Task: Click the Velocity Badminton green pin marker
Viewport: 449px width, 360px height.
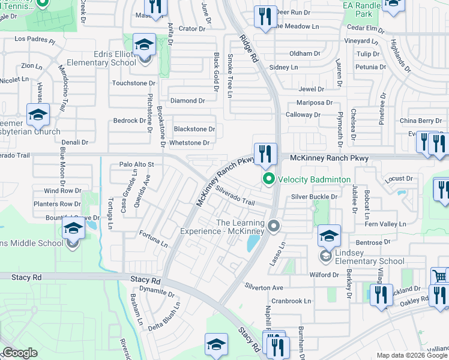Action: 269,179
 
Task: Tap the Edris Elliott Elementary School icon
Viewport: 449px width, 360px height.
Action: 144,46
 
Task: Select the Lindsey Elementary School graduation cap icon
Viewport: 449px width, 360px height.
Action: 328,236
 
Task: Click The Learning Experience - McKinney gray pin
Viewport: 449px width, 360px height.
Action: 274,227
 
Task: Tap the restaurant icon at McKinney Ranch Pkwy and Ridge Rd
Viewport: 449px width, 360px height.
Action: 265,154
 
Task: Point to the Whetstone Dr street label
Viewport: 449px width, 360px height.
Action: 189,143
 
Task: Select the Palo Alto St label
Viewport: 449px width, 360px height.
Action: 137,164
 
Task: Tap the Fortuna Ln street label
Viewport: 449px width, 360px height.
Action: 154,239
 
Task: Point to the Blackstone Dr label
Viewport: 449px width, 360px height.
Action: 194,129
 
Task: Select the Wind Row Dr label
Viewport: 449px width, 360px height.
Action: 62,191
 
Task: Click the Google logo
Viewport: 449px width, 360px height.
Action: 20,353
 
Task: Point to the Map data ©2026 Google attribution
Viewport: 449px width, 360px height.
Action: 412,355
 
